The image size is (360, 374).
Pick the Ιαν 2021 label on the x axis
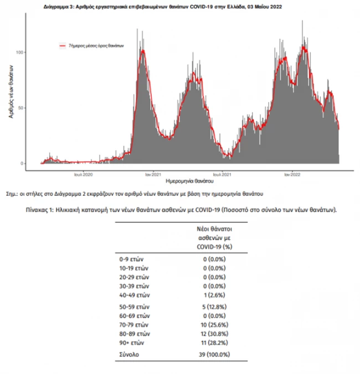[x=153, y=174]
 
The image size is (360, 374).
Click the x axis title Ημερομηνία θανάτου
[x=189, y=181]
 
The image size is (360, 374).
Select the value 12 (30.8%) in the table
[x=213, y=334]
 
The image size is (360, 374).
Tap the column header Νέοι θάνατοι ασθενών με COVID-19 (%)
[x=213, y=237]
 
